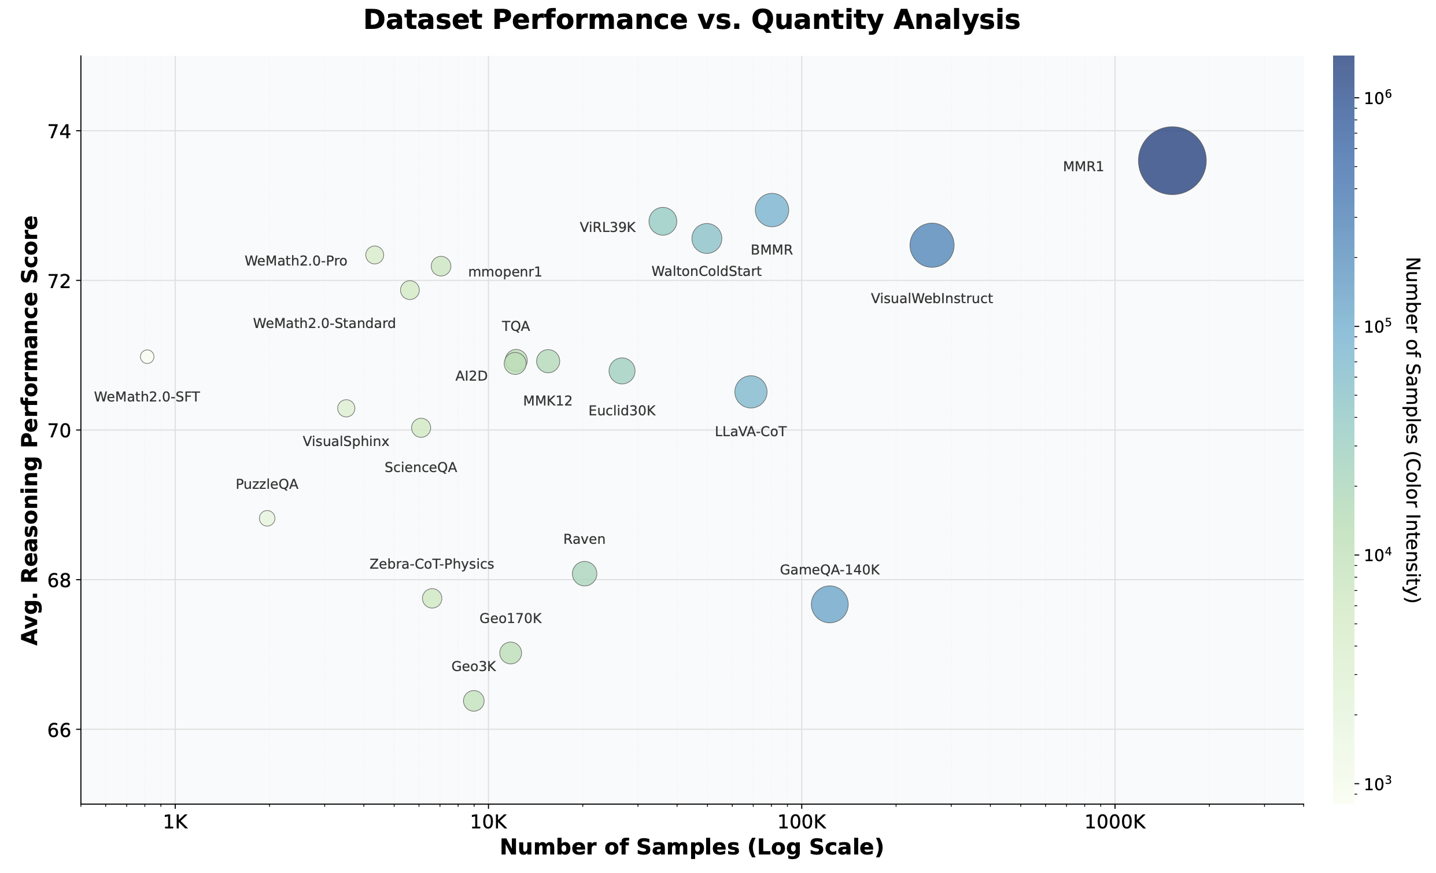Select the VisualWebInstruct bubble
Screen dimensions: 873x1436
click(931, 245)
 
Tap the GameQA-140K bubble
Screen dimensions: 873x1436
click(829, 604)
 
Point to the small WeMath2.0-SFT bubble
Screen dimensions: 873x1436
click(147, 356)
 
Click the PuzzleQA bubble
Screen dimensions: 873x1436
click(267, 518)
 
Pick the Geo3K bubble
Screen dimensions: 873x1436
click(473, 701)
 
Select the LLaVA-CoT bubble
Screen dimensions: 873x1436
click(751, 391)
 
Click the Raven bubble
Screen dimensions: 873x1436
click(584, 573)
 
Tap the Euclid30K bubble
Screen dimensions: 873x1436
click(621, 371)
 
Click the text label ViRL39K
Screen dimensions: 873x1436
click(607, 227)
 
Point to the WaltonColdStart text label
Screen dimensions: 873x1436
click(706, 271)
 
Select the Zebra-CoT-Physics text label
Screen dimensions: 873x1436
click(431, 564)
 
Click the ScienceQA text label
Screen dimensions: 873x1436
click(420, 467)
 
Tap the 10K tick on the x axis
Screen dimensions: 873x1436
click(488, 822)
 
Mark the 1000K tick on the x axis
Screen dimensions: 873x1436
click(1114, 822)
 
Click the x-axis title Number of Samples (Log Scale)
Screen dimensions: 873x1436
click(691, 848)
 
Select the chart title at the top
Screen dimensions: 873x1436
click(691, 20)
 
